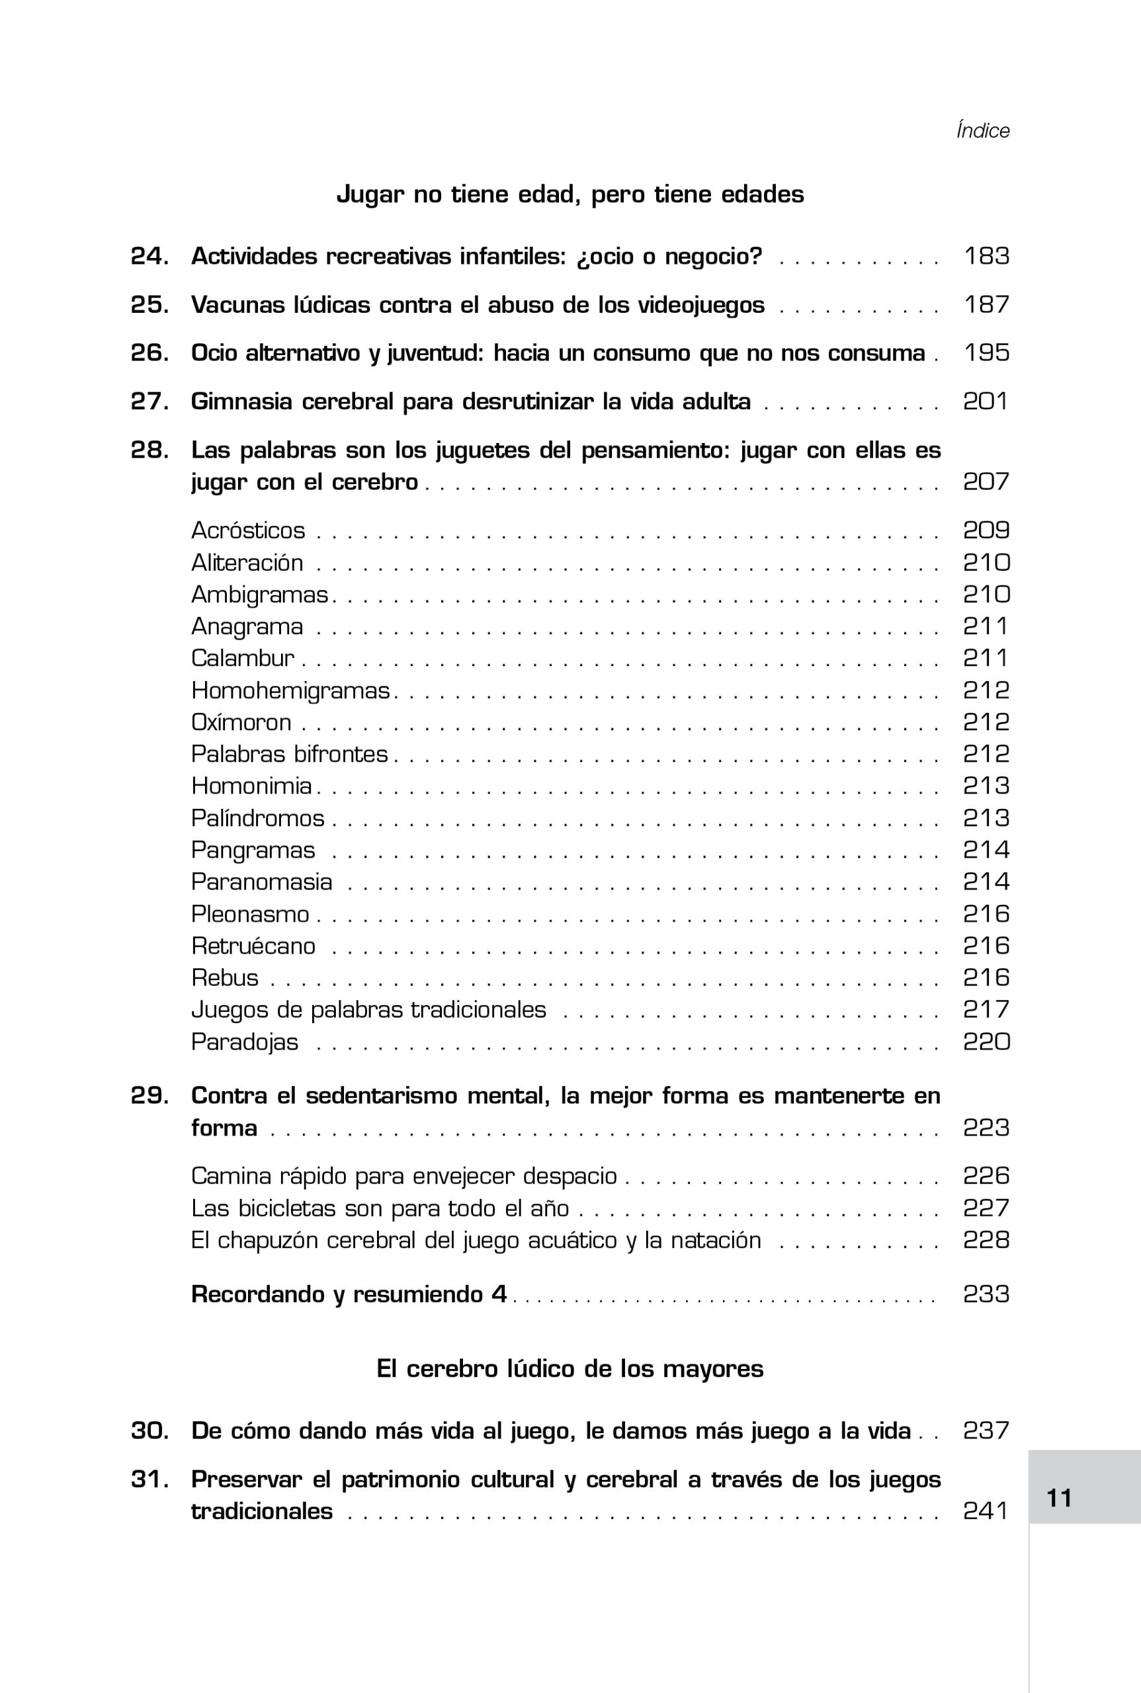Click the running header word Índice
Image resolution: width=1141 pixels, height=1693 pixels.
(982, 131)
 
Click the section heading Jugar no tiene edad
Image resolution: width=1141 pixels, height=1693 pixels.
(570, 194)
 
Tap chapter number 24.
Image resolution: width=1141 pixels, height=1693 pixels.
(149, 256)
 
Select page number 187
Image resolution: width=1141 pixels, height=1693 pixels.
(986, 305)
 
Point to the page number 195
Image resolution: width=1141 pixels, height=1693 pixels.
(986, 353)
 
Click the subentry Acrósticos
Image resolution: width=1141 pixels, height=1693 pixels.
(248, 530)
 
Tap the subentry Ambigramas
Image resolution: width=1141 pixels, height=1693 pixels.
(259, 595)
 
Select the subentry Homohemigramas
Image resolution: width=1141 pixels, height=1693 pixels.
(290, 690)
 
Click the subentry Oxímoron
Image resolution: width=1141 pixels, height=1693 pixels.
(241, 722)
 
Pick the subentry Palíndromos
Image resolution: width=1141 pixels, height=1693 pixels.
(257, 819)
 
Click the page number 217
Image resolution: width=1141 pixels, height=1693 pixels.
(986, 1009)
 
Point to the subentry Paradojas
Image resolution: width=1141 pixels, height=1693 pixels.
(245, 1042)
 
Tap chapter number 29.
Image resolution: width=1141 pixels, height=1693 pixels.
(149, 1096)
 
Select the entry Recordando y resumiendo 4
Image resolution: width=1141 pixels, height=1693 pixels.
(349, 1294)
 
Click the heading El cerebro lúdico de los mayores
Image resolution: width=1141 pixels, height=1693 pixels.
(570, 1369)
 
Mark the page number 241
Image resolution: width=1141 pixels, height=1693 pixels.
(986, 1511)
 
